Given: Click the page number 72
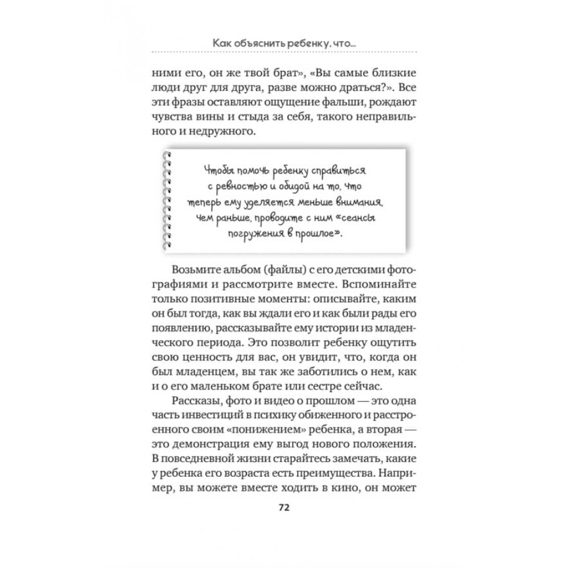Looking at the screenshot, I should click(x=284, y=509).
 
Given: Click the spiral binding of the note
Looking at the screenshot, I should click(x=166, y=200).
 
